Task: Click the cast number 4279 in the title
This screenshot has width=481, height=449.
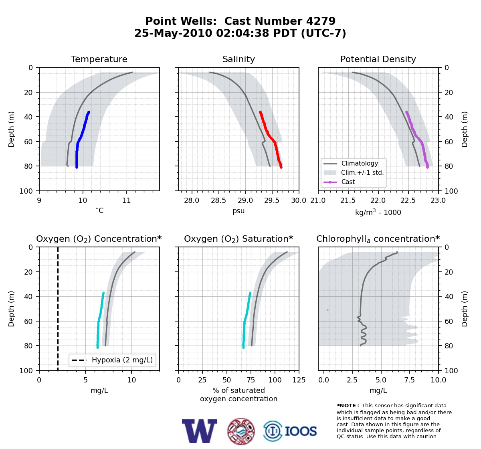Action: coord(321,21)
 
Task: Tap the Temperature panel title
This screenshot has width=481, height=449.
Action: coord(99,59)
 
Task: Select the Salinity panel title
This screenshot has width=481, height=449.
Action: coord(238,59)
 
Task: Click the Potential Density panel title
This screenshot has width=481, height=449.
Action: coord(378,59)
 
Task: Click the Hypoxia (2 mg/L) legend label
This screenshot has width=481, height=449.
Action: coord(122,360)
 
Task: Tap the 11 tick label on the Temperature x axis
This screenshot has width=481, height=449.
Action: coord(126,200)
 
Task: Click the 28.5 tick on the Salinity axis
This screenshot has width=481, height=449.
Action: coord(218,200)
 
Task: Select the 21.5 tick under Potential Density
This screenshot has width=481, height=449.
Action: coord(348,200)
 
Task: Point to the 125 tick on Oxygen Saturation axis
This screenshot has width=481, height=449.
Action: coord(299,380)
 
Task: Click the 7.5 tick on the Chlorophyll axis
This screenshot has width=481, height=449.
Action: coord(410,380)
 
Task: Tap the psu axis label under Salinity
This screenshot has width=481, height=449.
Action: coord(238,211)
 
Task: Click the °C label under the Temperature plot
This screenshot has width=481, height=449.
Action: coord(99,210)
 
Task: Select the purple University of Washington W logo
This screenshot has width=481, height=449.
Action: coord(200,431)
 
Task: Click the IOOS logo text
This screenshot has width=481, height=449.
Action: coord(301,431)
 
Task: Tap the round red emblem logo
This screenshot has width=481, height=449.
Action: coord(241,431)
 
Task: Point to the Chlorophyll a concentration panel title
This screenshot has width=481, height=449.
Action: coord(378,239)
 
